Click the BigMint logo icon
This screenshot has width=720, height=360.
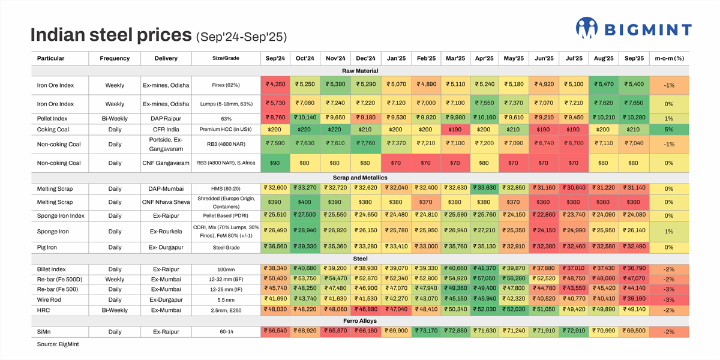tap(586, 28)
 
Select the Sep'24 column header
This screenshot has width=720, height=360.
tap(275, 58)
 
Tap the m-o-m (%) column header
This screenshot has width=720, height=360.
tap(670, 58)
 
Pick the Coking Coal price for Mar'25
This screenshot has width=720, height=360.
tap(455, 130)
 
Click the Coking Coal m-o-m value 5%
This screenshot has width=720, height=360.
tap(670, 130)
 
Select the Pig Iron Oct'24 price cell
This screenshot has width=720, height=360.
tap(305, 247)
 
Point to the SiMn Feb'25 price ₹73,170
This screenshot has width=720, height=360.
tap(425, 332)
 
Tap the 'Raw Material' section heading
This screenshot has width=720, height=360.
tap(360, 71)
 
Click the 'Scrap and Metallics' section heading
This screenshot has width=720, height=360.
tap(360, 178)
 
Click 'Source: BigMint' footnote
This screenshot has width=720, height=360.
tap(58, 344)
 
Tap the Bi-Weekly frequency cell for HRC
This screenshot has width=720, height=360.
tap(115, 310)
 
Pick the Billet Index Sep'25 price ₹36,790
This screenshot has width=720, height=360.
tap(634, 268)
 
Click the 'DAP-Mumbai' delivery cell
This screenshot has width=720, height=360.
tap(166, 188)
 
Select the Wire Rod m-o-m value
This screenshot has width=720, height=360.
tap(670, 299)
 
